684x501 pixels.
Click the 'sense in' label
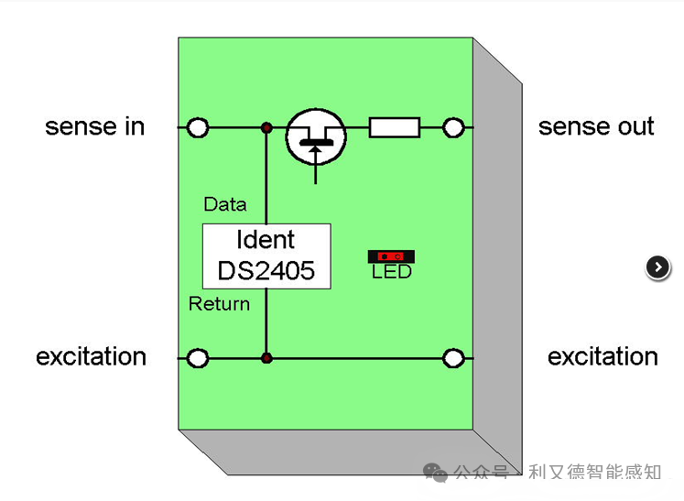pyautogui.click(x=94, y=126)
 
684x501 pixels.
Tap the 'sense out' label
pyautogui.click(x=596, y=126)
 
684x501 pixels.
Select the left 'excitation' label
pyautogui.click(x=91, y=356)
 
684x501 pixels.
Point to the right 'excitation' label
pyautogui.click(x=603, y=356)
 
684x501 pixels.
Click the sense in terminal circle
pyautogui.click(x=198, y=128)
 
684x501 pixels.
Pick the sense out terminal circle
pyautogui.click(x=453, y=128)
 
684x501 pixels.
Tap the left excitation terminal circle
pyautogui.click(x=198, y=358)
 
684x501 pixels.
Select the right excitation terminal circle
pyautogui.click(x=453, y=358)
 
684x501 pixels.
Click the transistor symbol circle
pyautogui.click(x=316, y=137)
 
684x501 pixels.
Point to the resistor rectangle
pyautogui.click(x=395, y=127)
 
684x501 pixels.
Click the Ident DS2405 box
pyautogui.click(x=266, y=256)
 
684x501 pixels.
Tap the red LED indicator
pyautogui.click(x=391, y=256)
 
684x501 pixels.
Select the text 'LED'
pyautogui.click(x=392, y=272)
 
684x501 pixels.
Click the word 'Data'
pyautogui.click(x=225, y=204)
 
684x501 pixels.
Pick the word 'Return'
pyautogui.click(x=220, y=304)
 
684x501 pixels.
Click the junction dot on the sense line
pyautogui.click(x=266, y=128)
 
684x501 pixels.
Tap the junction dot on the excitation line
pyautogui.click(x=266, y=358)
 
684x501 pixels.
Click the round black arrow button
pyautogui.click(x=657, y=267)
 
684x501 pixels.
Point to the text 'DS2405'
pyautogui.click(x=266, y=270)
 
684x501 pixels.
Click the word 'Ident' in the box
pyautogui.click(x=266, y=240)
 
